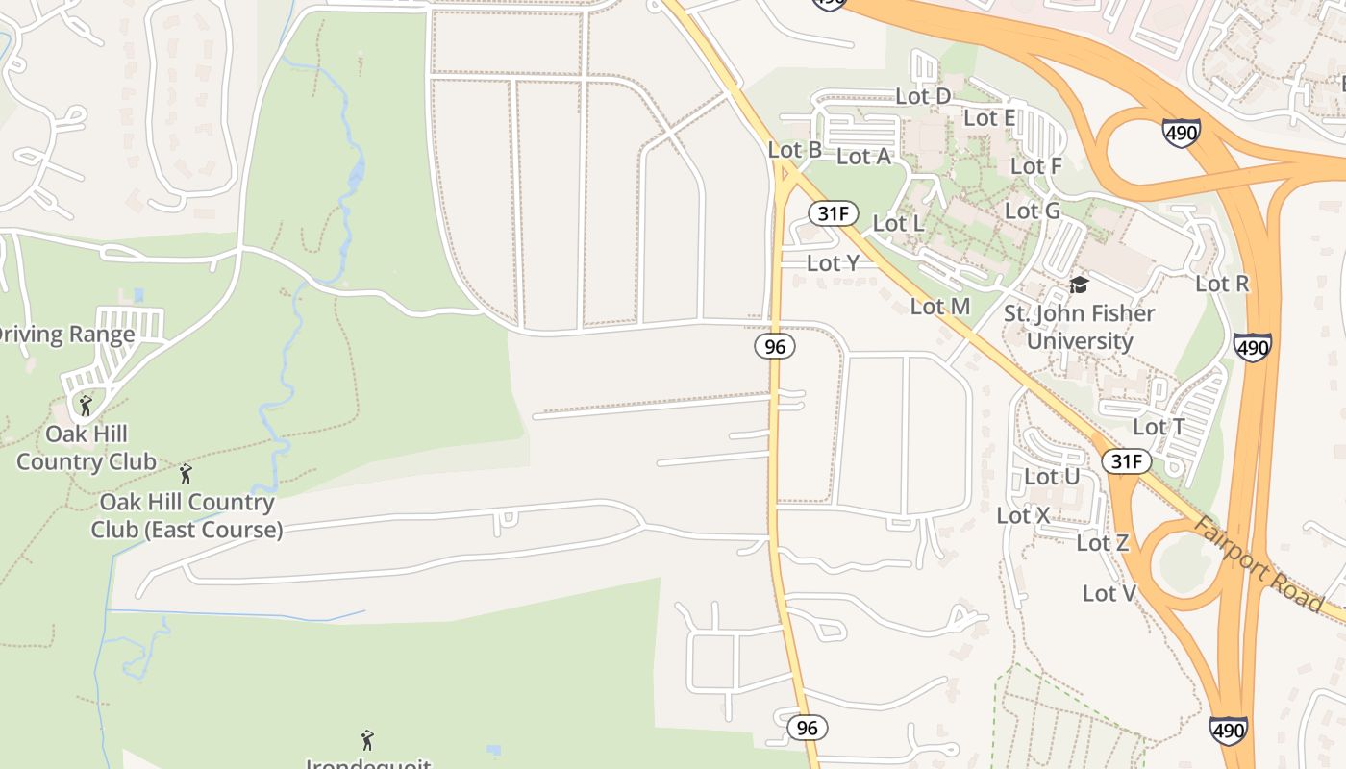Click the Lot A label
[x=863, y=156]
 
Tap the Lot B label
[x=795, y=150]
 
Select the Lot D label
[x=923, y=96]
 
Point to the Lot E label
[x=989, y=118]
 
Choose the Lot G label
[x=1033, y=211]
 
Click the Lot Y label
[x=833, y=262]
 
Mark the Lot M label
[x=940, y=307]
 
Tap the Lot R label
[x=1222, y=284]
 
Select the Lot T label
[x=1159, y=427]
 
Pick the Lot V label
[x=1109, y=593]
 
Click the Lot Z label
[x=1102, y=543]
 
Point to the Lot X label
[x=1023, y=515]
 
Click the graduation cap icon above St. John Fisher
[x=1079, y=285]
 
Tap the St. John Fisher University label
[x=1080, y=327]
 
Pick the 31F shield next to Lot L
[x=833, y=213]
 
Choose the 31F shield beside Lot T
[x=1126, y=461]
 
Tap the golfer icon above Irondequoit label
[x=366, y=740]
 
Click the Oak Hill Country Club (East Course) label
[x=187, y=515]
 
